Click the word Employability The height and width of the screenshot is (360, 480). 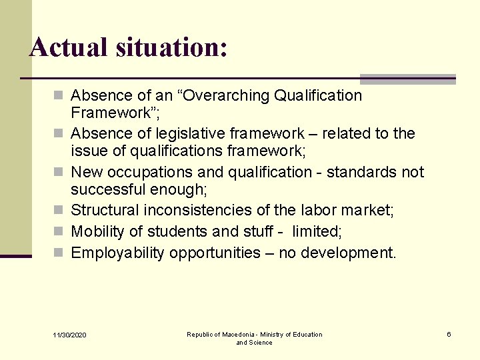118,253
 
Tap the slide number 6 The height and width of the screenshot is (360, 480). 449,334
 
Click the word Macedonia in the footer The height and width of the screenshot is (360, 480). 234,335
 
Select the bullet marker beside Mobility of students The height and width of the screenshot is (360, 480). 61,231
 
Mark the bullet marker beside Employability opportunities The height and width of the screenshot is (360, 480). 61,253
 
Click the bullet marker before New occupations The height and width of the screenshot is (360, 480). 61,172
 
